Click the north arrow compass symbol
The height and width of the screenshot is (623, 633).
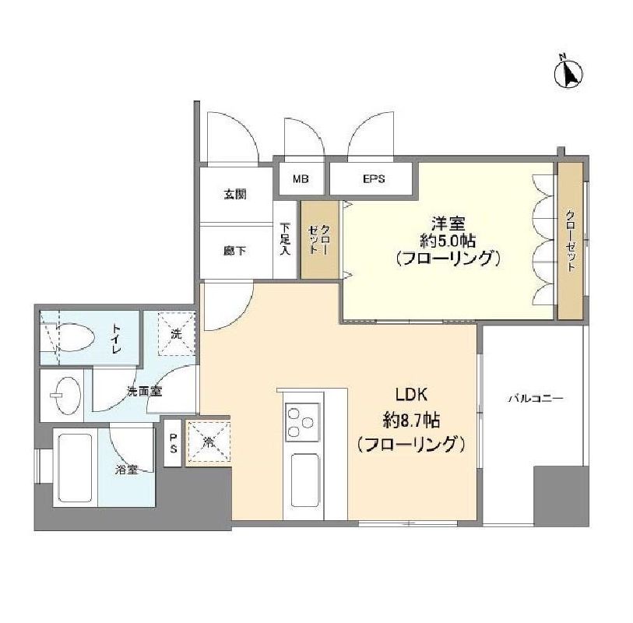coord(568,73)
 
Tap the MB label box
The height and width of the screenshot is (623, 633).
coord(300,179)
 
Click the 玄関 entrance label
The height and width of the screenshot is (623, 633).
coord(236,195)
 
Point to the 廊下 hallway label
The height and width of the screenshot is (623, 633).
coord(236,251)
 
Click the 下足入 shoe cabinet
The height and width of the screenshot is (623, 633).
coord(285,240)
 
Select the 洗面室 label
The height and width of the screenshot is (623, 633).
coord(145,391)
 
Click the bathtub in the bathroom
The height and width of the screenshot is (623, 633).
coord(75,467)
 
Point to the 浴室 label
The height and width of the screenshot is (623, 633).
coord(127,470)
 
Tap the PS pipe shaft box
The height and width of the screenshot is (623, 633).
coord(173,443)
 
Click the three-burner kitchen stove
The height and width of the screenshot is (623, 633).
coord(303,422)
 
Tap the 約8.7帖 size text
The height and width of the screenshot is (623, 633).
coord(411,420)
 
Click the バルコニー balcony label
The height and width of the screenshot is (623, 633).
coord(535,398)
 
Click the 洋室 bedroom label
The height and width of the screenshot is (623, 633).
coord(447,220)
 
